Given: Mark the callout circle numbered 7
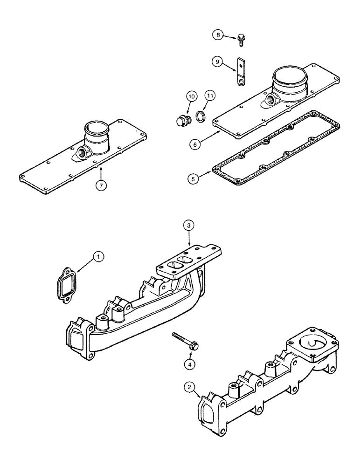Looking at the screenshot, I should coord(100,185).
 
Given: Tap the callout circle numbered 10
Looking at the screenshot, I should coord(191,96).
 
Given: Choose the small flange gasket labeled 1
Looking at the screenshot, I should coord(67,283).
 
